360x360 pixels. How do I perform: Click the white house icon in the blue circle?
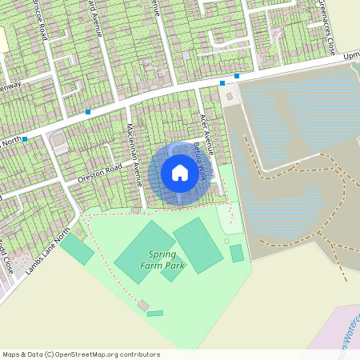(x=180, y=173)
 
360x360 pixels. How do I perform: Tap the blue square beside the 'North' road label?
(x=25, y=139)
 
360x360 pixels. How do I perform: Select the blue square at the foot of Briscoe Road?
(x=87, y=112)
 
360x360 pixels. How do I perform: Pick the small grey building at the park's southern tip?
(x=143, y=305)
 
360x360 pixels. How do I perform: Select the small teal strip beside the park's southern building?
(x=155, y=313)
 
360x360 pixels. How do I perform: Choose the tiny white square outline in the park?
(x=226, y=241)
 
